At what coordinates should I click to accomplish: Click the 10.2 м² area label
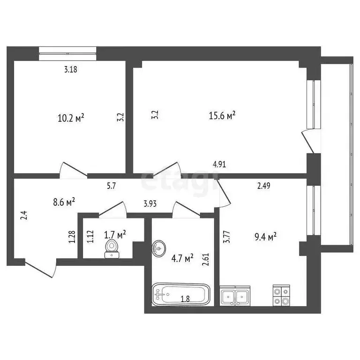pyautogui.click(x=71, y=118)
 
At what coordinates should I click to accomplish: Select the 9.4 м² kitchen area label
pyautogui.click(x=264, y=237)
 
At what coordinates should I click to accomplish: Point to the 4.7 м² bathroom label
pyautogui.click(x=182, y=258)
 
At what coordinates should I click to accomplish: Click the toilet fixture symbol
pyautogui.click(x=112, y=248)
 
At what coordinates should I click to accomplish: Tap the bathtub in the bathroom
pyautogui.click(x=180, y=294)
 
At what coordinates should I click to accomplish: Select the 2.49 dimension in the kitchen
pyautogui.click(x=263, y=186)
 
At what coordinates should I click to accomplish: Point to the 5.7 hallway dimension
pyautogui.click(x=112, y=186)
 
